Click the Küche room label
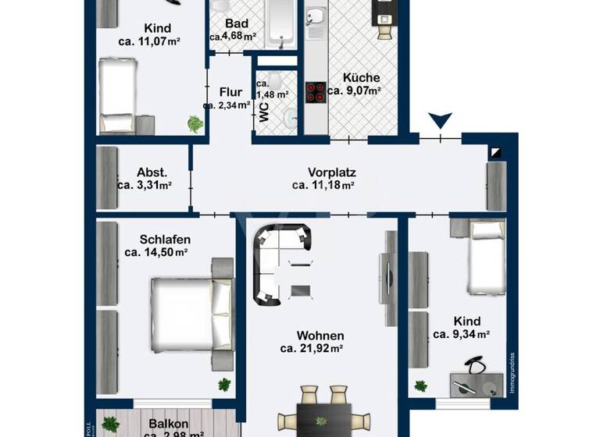pyautogui.click(x=360, y=78)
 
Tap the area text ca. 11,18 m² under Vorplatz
pyautogui.click(x=323, y=186)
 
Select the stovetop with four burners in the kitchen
pyautogui.click(x=315, y=93)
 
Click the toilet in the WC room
pyautogui.click(x=289, y=117)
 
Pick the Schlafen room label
pyautogui.click(x=166, y=240)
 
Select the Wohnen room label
pyautogui.click(x=320, y=336)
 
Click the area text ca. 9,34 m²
pyautogui.click(x=461, y=334)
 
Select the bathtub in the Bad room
pyautogui.click(x=278, y=23)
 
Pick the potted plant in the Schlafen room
pyautogui.click(x=225, y=384)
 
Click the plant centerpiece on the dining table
pyautogui.click(x=321, y=422)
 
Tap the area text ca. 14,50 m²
pyautogui.click(x=156, y=252)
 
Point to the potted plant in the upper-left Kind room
pyautogui.click(x=194, y=123)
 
